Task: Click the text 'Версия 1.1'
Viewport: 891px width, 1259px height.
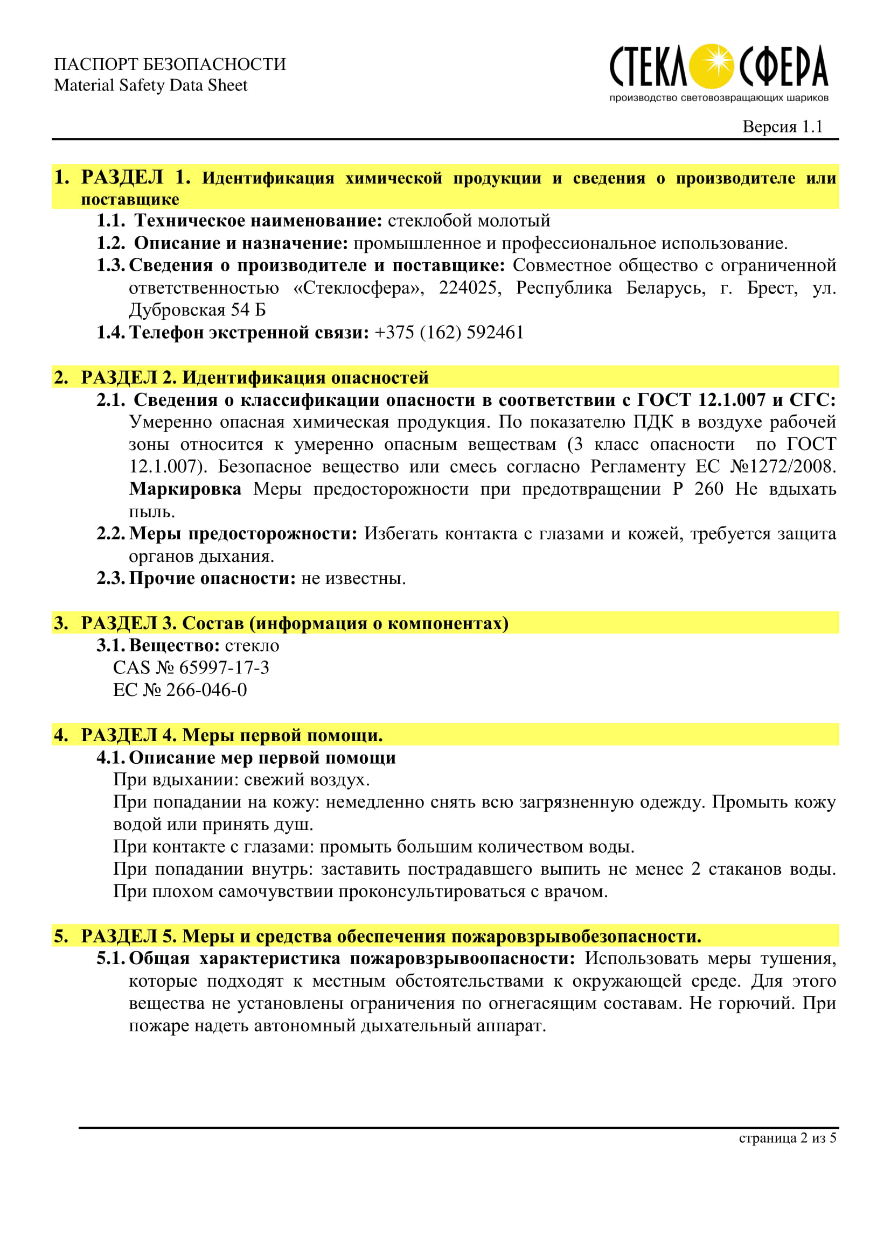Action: pyautogui.click(x=782, y=126)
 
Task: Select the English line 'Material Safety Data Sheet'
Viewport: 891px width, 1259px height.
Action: pyautogui.click(x=150, y=86)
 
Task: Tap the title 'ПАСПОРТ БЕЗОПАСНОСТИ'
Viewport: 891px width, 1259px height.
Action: pyautogui.click(x=170, y=64)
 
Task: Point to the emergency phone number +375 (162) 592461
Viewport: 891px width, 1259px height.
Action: pyautogui.click(x=449, y=332)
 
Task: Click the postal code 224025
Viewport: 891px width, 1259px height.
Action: pyautogui.click(x=469, y=288)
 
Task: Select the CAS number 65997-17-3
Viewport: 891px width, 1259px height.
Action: pyautogui.click(x=224, y=667)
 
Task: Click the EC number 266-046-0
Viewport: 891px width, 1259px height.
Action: pyautogui.click(x=206, y=690)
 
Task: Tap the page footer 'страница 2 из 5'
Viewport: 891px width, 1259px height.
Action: pyautogui.click(x=788, y=1138)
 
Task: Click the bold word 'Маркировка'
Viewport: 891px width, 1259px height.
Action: pyautogui.click(x=185, y=489)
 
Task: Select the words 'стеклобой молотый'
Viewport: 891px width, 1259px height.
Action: pyautogui.click(x=469, y=221)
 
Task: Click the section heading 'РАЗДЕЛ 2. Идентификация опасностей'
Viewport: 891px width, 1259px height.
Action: pyautogui.click(x=255, y=377)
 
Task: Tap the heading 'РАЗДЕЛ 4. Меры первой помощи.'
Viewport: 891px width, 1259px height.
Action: pyautogui.click(x=232, y=735)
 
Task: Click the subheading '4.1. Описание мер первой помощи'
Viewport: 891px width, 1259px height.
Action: pyautogui.click(x=246, y=757)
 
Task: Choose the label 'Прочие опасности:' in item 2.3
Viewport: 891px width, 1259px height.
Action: pyautogui.click(x=212, y=579)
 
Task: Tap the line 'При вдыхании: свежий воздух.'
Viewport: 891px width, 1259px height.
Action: pyautogui.click(x=241, y=780)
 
